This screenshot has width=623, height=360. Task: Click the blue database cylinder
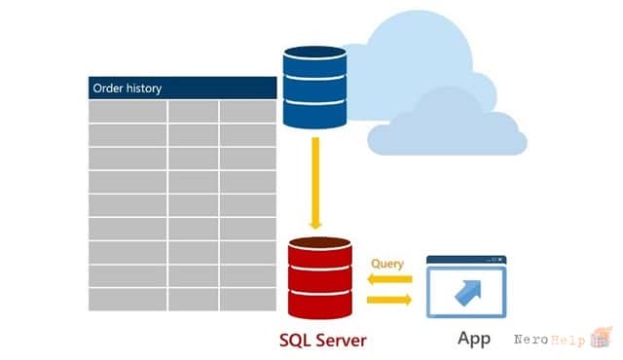click(314, 88)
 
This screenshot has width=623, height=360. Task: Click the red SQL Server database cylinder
click(320, 278)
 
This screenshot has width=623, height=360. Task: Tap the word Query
click(387, 264)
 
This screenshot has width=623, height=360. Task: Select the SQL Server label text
click(322, 341)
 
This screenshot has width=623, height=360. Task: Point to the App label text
click(474, 339)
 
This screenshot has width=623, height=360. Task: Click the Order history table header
click(182, 88)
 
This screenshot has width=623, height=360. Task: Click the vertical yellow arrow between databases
click(315, 183)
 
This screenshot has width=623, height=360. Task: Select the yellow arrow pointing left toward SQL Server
click(389, 279)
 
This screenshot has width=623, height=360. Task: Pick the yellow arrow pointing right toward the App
click(389, 300)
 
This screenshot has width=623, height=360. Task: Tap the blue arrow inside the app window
click(468, 293)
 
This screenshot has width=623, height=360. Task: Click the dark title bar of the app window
click(466, 260)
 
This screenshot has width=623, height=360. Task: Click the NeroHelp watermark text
click(549, 340)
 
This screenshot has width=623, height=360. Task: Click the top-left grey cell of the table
click(128, 112)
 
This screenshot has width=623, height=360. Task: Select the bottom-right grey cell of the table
click(248, 300)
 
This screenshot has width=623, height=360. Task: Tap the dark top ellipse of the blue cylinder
click(314, 52)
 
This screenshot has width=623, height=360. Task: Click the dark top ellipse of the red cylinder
click(320, 243)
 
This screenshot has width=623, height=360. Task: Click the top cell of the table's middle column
click(193, 112)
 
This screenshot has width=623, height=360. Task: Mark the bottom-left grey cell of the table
click(128, 300)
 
